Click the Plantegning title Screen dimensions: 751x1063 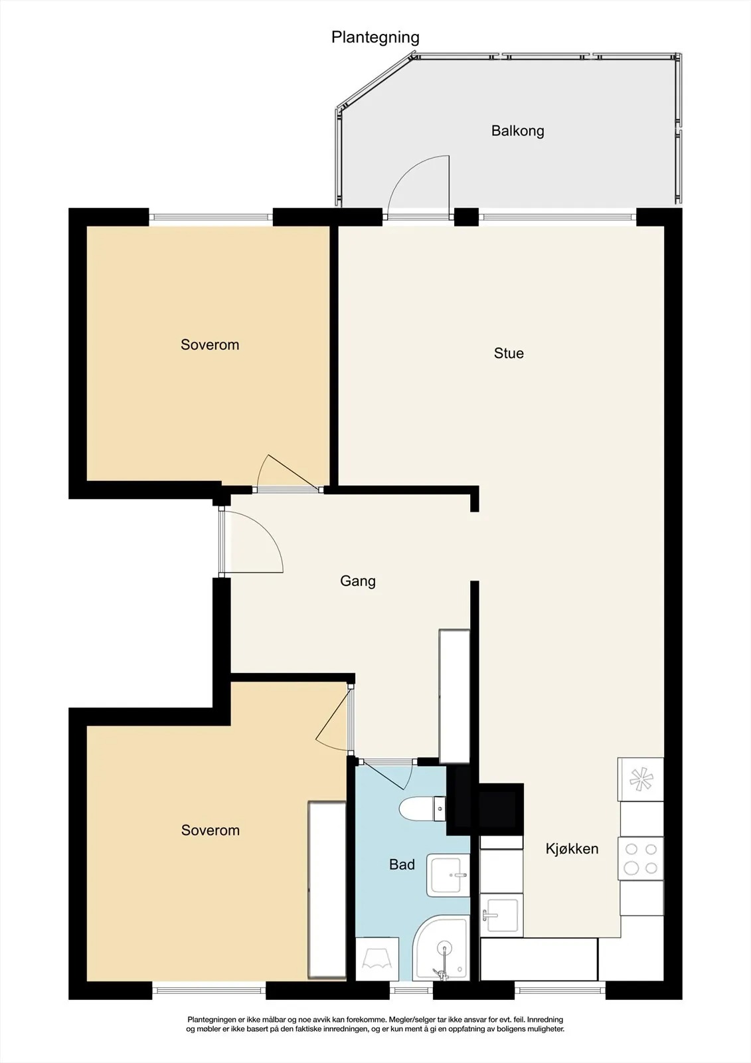[x=375, y=37]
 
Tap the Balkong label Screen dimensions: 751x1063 [x=517, y=130]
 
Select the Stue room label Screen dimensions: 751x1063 [x=509, y=353]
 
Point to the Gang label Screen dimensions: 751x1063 [x=358, y=581]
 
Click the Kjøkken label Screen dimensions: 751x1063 [x=572, y=848]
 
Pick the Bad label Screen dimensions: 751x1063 [x=402, y=864]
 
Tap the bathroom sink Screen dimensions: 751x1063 [x=448, y=876]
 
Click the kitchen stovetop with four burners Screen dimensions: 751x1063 [x=641, y=858]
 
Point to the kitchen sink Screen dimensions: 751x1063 [x=501, y=915]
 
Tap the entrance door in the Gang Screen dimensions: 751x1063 [x=252, y=541]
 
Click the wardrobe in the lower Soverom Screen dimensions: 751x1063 [x=327, y=890]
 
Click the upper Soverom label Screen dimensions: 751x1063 [x=210, y=345]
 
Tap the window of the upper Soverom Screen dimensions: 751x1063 [x=211, y=217]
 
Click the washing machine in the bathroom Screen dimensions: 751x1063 [x=377, y=959]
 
